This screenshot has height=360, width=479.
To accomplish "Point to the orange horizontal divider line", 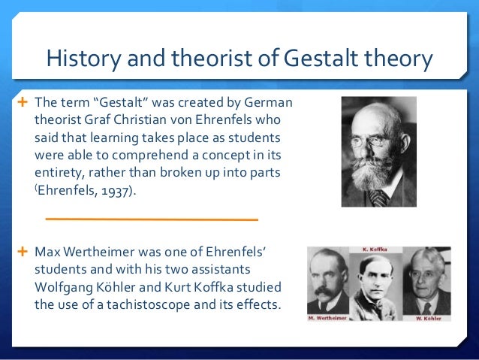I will tap(151, 219).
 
